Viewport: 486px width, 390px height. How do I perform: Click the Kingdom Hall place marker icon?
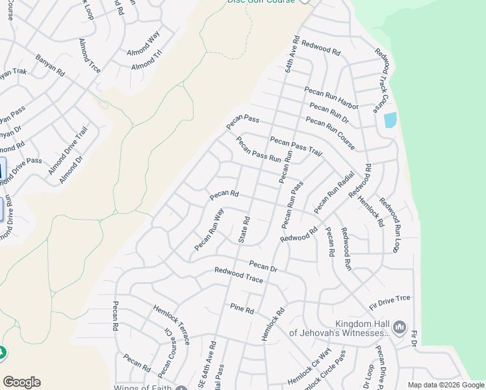point(400,326)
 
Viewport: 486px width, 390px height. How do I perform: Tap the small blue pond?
point(390,120)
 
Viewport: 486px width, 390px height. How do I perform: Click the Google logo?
point(21,382)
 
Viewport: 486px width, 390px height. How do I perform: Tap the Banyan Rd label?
point(51,64)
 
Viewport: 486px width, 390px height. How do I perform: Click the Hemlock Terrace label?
point(172,324)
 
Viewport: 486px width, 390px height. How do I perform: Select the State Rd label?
point(245,230)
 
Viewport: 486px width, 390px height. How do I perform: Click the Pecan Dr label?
point(263,266)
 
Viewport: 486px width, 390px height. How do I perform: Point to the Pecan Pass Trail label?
point(296,147)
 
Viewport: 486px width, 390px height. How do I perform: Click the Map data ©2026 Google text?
point(445,384)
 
